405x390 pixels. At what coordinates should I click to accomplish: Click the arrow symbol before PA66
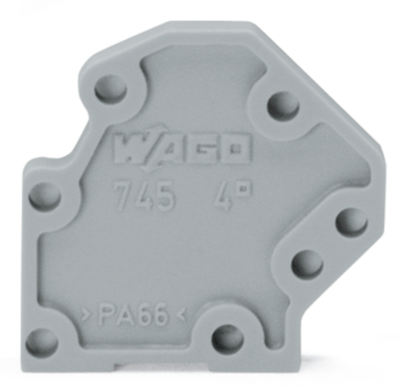[86, 313]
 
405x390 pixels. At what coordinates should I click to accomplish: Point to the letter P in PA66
[105, 313]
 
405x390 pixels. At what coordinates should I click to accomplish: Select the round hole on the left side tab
[45, 195]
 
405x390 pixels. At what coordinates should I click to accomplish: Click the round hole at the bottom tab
[227, 333]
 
